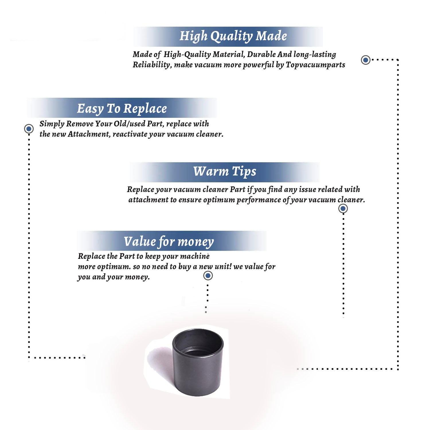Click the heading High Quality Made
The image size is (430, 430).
233,36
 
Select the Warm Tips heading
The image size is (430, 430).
225,172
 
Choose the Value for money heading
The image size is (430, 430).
169,242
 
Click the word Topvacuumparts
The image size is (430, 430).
315,65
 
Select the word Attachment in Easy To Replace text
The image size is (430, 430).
89,134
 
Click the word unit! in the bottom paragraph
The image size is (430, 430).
223,267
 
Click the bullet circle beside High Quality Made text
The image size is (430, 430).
365,60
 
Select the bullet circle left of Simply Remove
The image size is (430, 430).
29,129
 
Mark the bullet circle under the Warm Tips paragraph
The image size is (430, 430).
343,208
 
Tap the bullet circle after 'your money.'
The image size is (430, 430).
208,275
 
